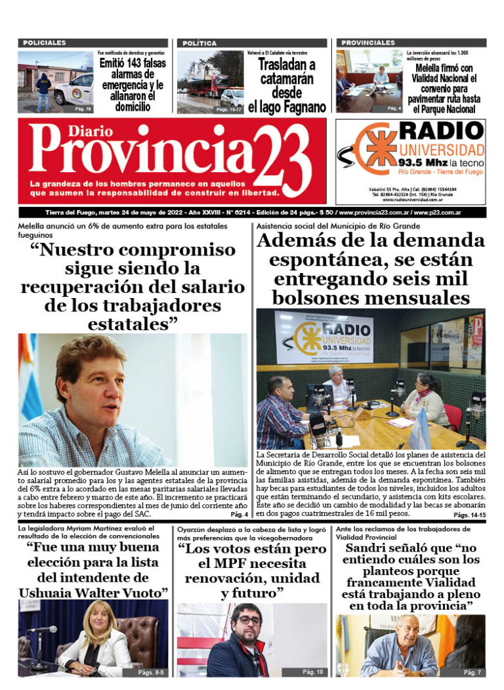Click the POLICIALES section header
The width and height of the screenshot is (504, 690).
(x=45, y=43)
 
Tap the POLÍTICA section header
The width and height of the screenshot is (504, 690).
(x=199, y=43)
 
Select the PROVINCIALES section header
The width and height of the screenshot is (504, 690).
(x=368, y=42)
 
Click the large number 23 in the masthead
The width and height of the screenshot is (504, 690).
(x=279, y=159)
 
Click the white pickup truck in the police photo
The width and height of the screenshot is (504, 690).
(x=73, y=89)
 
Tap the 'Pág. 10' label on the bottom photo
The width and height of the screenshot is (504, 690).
(x=312, y=672)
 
